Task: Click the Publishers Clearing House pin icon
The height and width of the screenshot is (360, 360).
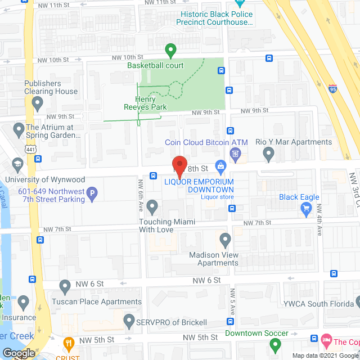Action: coord(38,103)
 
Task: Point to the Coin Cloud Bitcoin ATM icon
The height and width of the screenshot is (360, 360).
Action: coord(235,153)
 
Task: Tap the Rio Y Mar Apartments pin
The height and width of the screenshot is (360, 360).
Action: coord(268,152)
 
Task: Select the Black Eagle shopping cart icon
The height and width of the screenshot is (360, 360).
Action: coord(307,209)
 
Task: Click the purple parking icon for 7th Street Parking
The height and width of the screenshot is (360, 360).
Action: coord(93,195)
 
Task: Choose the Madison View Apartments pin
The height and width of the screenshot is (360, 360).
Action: coord(226,240)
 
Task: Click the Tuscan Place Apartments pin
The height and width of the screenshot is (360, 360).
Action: coord(65,287)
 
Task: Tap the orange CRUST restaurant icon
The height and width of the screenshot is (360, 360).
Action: coord(69,342)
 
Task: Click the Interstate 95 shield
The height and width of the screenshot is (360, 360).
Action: coord(333,89)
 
